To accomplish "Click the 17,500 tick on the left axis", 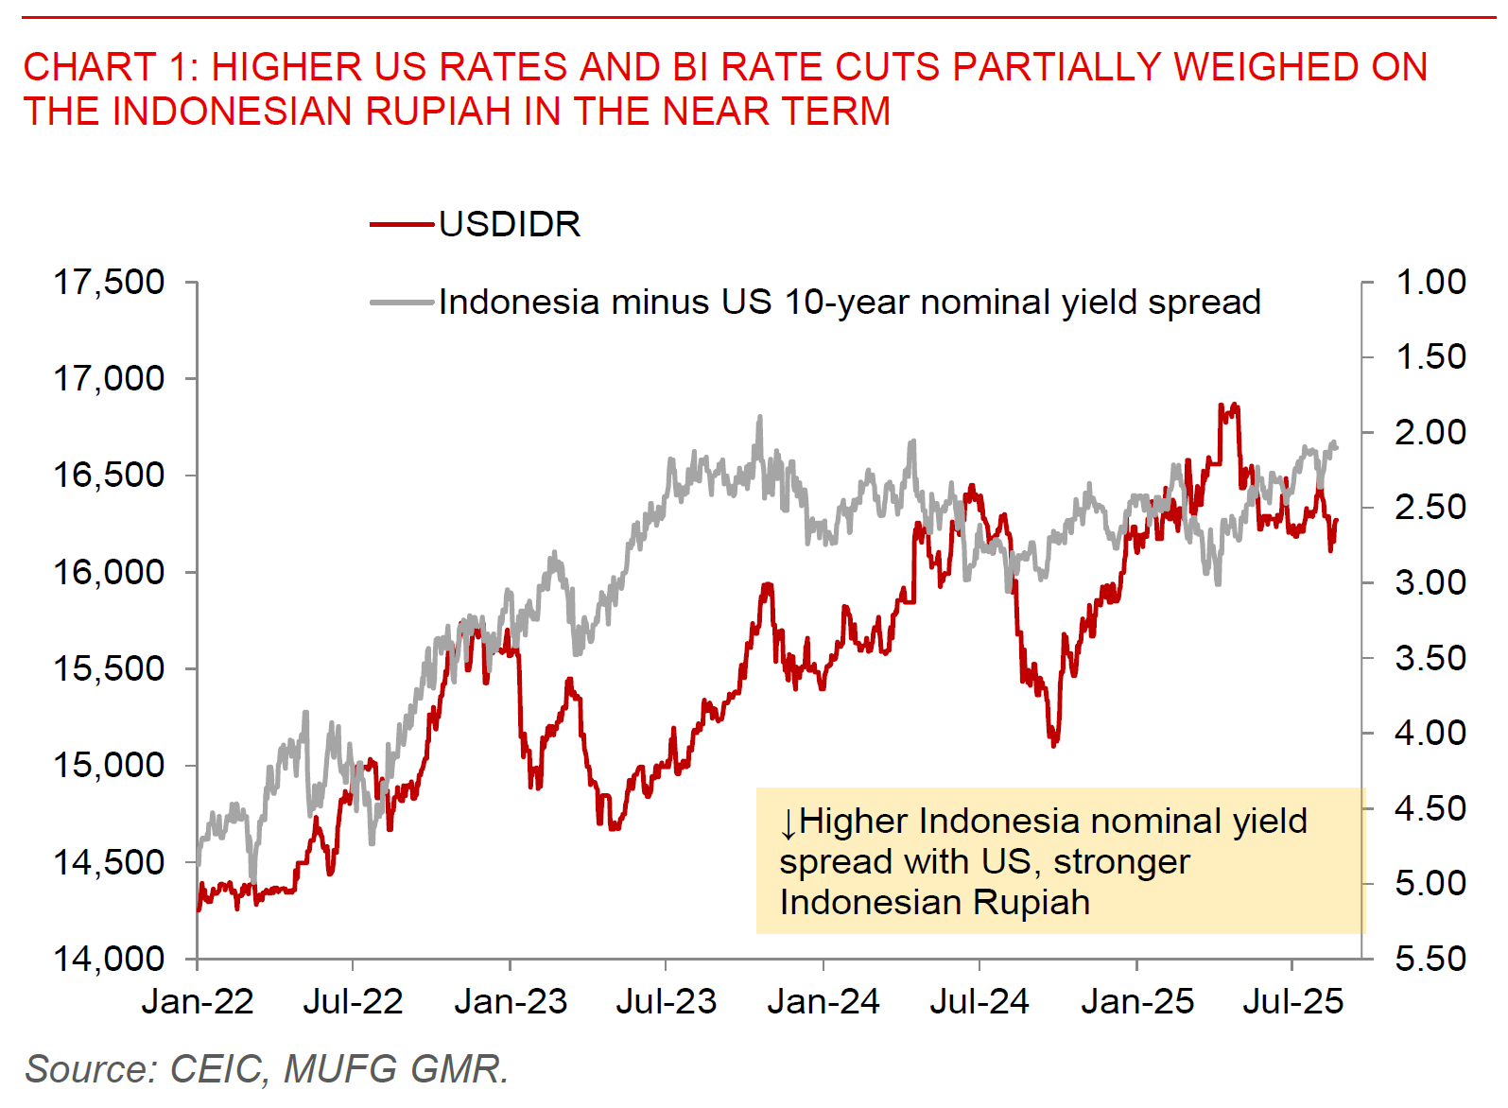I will (109, 282).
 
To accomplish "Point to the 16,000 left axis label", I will (109, 572).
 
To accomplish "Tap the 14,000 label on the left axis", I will (109, 959).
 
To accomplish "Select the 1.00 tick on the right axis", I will (1430, 282).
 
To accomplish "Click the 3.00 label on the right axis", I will (1430, 582).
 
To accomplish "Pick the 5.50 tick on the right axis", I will (1430, 959).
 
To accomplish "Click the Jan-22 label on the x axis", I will (198, 1001).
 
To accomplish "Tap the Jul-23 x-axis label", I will (666, 1001).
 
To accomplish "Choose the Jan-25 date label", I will (1136, 1001).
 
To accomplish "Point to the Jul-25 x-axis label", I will (1292, 1001).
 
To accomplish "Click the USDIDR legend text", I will (510, 225).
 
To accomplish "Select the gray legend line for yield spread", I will (402, 303).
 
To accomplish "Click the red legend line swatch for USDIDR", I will (402, 225).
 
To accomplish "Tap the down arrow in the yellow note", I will (789, 823).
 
